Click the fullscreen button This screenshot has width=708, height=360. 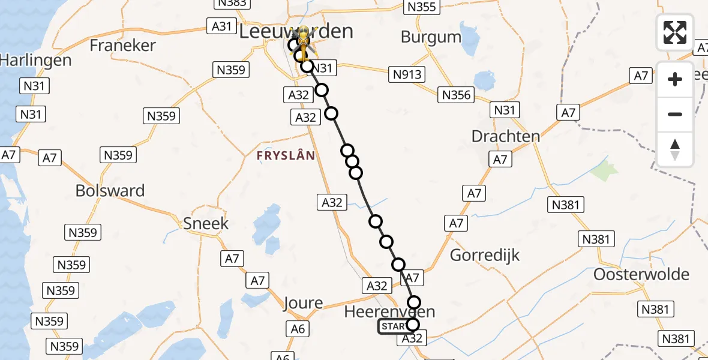(x=675, y=32)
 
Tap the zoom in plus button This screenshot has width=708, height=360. (x=675, y=79)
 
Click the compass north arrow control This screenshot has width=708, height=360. (x=675, y=149)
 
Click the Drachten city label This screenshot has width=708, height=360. (x=505, y=136)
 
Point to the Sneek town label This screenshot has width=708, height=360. (x=206, y=224)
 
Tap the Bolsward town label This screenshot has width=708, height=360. (x=110, y=191)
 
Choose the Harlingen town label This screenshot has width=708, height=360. (x=35, y=60)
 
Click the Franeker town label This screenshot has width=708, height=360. (x=122, y=45)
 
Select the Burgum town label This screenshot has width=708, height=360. (x=431, y=37)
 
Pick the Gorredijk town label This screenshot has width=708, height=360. (x=485, y=255)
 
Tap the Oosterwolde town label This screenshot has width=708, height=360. (x=641, y=274)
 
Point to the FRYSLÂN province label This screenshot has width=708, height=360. (x=286, y=155)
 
